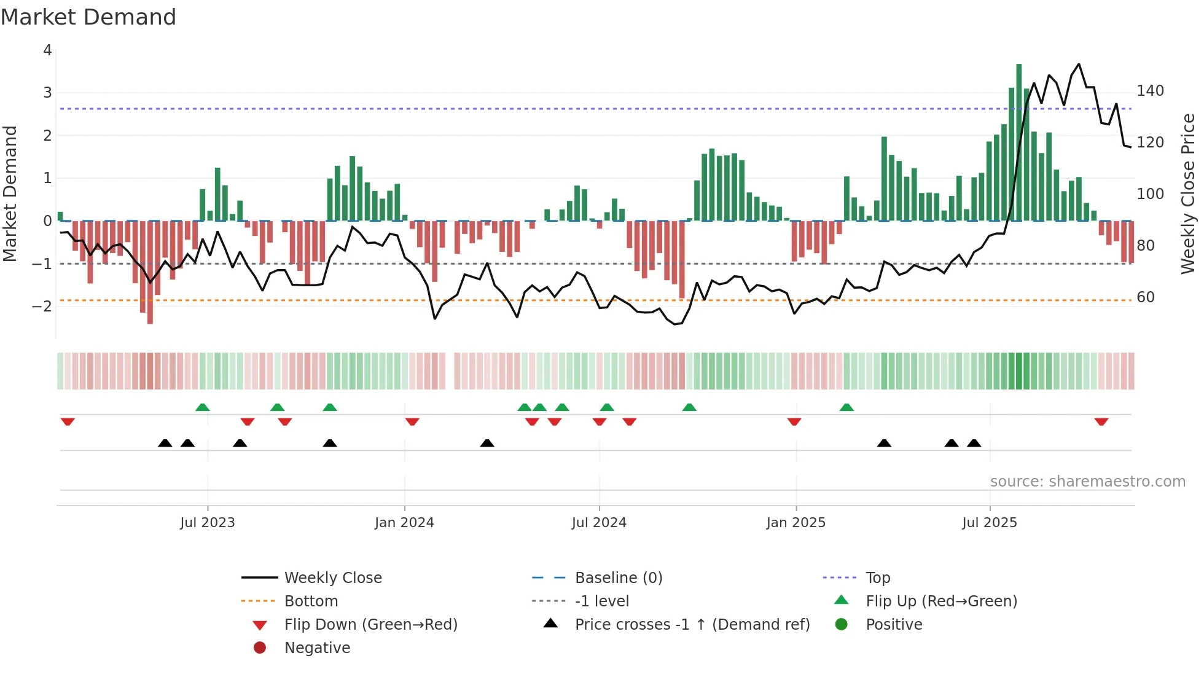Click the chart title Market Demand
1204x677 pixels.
pyautogui.click(x=88, y=17)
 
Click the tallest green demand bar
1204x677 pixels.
pyautogui.click(x=1018, y=141)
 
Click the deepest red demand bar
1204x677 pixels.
pyautogui.click(x=150, y=272)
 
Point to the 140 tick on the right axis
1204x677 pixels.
pyautogui.click(x=1150, y=91)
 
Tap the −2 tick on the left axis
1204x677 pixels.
pyautogui.click(x=42, y=306)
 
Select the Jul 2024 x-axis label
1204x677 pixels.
pyautogui.click(x=599, y=522)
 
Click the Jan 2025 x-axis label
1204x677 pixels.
pyautogui.click(x=795, y=522)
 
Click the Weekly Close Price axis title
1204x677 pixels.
pyautogui.click(x=1188, y=194)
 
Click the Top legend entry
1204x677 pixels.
pyautogui.click(x=878, y=577)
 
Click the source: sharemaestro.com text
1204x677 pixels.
pyautogui.click(x=1087, y=481)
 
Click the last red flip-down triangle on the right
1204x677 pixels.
pyautogui.click(x=1101, y=421)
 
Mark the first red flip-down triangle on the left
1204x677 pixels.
pyautogui.click(x=68, y=421)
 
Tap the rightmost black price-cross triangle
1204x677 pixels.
pyautogui.click(x=974, y=443)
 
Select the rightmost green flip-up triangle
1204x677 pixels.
pyautogui.click(x=846, y=407)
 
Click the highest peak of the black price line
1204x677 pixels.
pyautogui.click(x=1079, y=64)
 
